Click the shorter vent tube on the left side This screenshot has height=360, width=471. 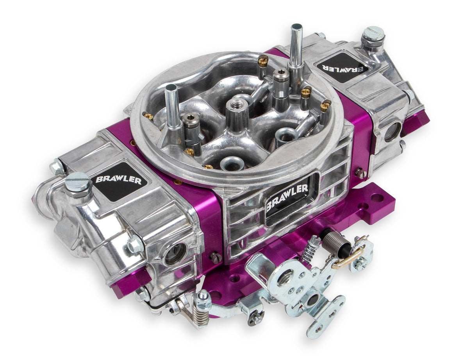(171, 104)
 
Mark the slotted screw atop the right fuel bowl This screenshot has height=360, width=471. (372, 34)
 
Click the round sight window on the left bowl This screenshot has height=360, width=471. (175, 253)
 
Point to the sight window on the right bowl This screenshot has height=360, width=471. (392, 132)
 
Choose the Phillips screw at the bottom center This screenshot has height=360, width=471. (256, 318)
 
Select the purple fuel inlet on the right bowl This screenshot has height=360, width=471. (416, 120)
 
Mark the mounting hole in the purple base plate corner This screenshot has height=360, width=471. (377, 198)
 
